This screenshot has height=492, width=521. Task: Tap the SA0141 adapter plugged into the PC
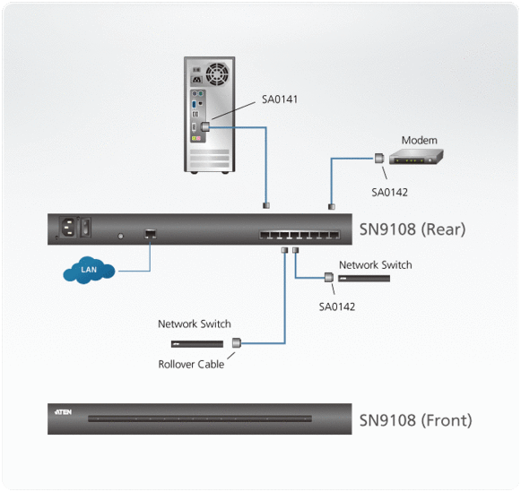click(x=206, y=127)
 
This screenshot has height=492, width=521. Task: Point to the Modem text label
click(x=419, y=141)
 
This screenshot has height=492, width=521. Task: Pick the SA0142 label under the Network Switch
click(x=337, y=306)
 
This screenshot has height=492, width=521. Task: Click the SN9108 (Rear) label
click(x=412, y=229)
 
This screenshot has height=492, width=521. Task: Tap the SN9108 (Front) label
click(x=415, y=419)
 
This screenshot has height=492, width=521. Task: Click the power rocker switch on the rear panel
click(x=85, y=229)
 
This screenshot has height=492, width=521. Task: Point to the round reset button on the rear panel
click(x=120, y=237)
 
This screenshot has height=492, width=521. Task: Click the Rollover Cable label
click(x=191, y=363)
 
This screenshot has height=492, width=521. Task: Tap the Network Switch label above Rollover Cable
click(x=195, y=324)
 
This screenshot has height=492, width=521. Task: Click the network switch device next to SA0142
click(x=363, y=279)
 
